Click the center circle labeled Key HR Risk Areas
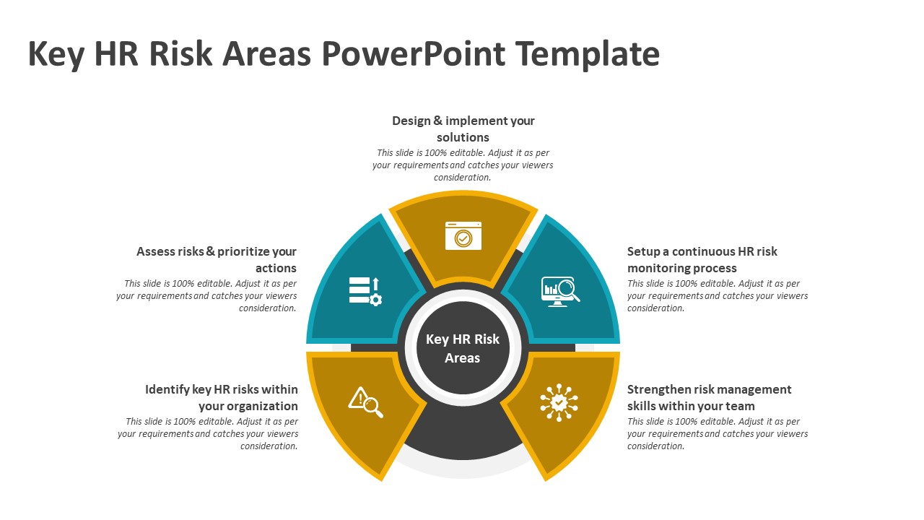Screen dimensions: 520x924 tap(463, 348)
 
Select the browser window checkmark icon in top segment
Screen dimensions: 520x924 tap(463, 236)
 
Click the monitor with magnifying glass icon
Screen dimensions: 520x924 tap(560, 292)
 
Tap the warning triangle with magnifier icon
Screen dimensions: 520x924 tap(365, 402)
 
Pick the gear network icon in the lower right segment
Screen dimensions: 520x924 tap(559, 402)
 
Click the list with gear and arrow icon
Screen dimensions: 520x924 tap(365, 291)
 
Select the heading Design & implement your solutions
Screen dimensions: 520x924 tap(463, 129)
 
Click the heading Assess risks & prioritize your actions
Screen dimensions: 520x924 tap(217, 259)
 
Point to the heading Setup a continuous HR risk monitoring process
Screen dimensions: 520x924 tap(702, 259)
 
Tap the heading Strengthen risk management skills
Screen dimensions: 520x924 tap(709, 397)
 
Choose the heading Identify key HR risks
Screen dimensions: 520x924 tap(221, 397)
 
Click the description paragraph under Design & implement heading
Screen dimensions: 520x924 tap(463, 165)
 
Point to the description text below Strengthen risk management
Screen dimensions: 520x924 tap(717, 433)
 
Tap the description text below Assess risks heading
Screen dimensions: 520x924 tap(206, 295)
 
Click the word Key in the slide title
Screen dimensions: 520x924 tap(55, 55)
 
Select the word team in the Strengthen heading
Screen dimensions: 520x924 tap(738, 406)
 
